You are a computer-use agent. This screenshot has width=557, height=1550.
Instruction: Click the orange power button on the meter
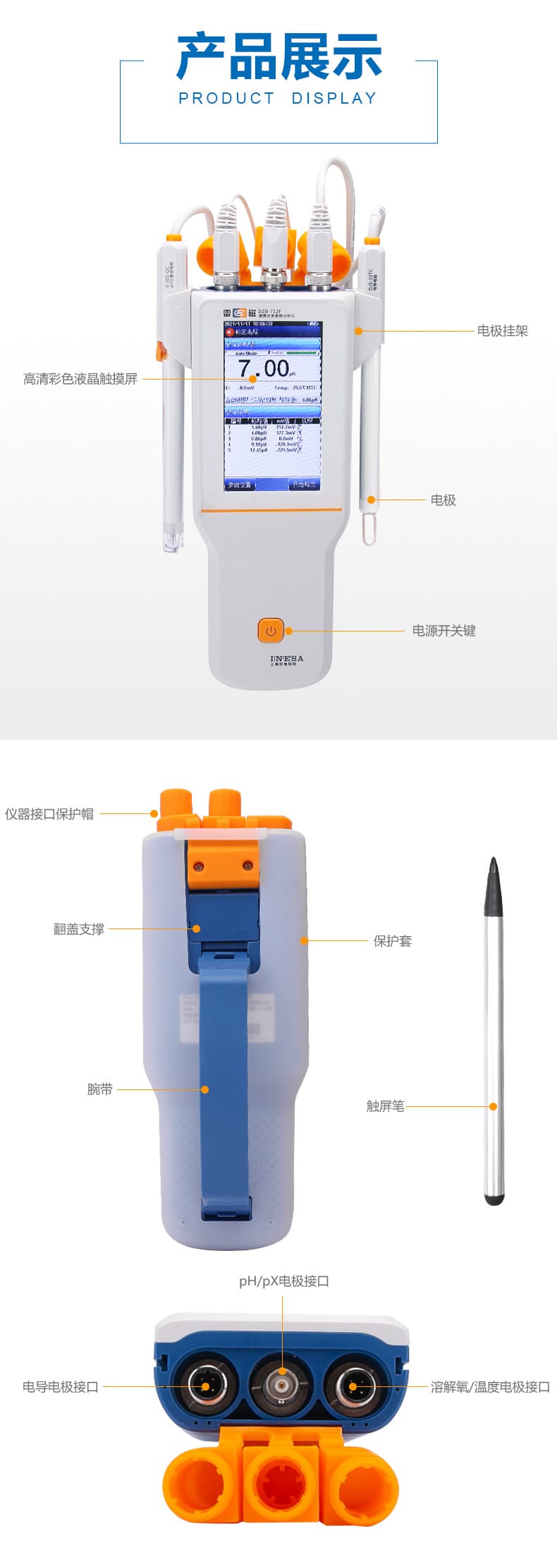point(271,631)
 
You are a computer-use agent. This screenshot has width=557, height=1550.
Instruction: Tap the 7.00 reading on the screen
point(264,368)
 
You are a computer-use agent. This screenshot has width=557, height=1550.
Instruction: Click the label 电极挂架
point(502,331)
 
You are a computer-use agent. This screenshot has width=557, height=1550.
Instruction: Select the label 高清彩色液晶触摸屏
point(80,380)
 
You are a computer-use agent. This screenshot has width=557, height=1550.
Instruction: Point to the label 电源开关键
point(443,631)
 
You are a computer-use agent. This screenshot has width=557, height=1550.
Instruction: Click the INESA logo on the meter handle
point(286,660)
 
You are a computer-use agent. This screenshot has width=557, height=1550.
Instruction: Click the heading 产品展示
point(278,56)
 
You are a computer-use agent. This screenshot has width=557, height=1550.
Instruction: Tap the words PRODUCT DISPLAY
point(278,99)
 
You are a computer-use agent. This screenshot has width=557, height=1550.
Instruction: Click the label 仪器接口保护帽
point(49,814)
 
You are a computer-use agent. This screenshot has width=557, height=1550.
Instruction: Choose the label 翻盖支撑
point(79,929)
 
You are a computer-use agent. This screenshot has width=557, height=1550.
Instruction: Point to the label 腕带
point(100,1089)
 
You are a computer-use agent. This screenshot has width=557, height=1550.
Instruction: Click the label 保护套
point(393,940)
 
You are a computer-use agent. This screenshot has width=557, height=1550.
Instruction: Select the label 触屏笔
point(386,1106)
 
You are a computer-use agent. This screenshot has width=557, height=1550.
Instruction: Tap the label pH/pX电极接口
point(283,1281)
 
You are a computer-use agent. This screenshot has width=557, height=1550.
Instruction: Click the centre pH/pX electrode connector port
point(282,1386)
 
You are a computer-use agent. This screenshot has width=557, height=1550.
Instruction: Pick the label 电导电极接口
point(61,1387)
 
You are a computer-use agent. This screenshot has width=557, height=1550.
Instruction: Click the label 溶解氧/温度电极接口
point(490,1387)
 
